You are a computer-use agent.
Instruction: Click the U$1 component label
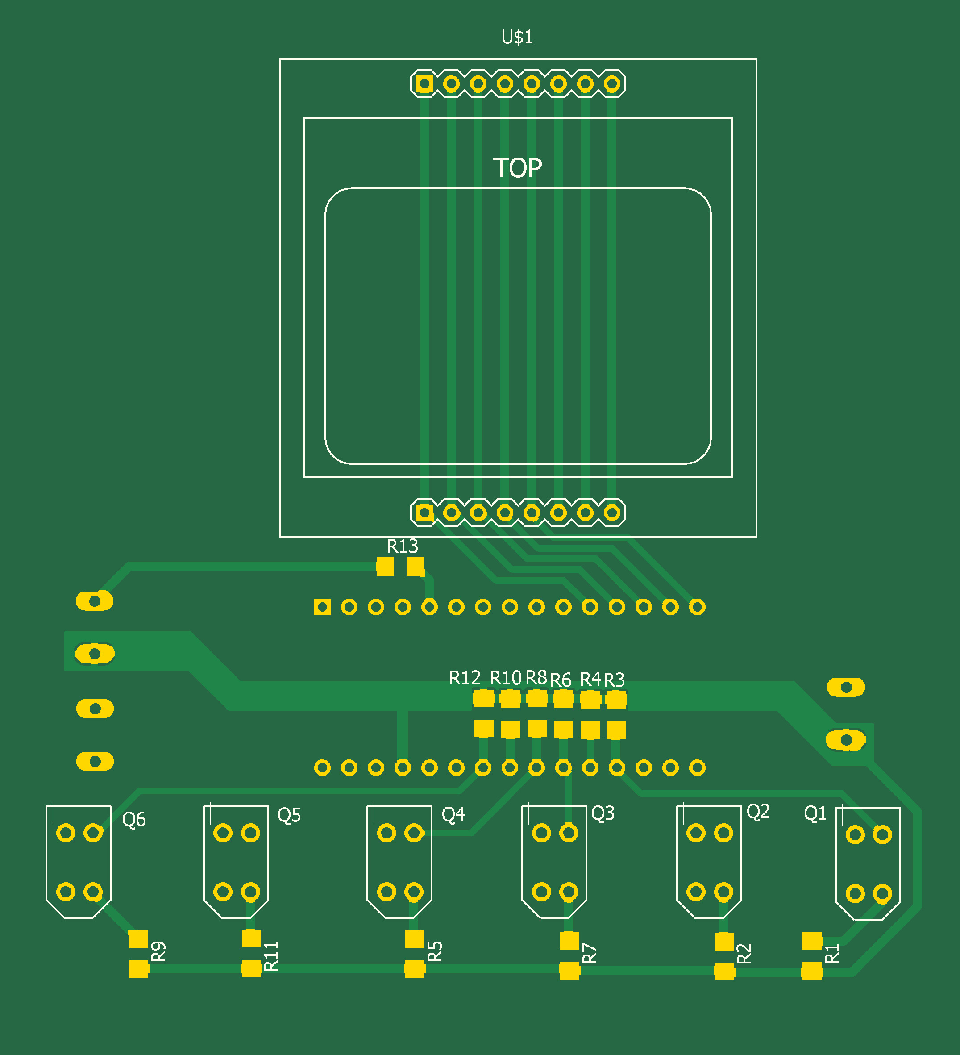point(517,37)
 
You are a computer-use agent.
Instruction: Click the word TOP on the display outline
point(517,168)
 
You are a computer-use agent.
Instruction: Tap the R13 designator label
point(402,546)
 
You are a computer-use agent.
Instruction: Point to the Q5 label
point(289,815)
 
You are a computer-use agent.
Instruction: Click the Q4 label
point(453,815)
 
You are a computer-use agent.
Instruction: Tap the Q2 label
point(758,812)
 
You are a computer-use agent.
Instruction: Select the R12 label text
point(465,678)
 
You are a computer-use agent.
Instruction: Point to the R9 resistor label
point(158,952)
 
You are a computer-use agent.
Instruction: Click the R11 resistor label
point(271,956)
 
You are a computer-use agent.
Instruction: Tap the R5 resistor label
point(435,952)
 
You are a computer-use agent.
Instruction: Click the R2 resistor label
point(744,954)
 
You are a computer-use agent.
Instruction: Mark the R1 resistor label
point(832,954)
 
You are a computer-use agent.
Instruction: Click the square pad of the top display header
point(424,84)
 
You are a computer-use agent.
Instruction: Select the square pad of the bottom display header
point(425,513)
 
